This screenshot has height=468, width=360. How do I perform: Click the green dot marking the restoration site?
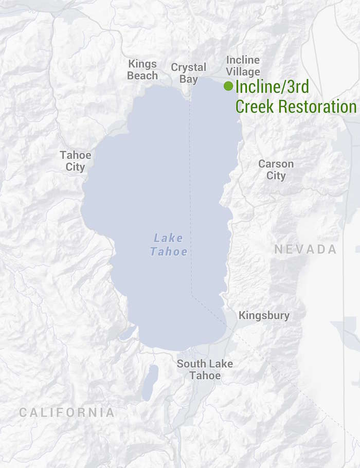pos(228,86)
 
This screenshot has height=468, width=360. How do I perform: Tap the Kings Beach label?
pos(142,70)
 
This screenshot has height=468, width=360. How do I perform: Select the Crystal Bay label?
pos(189,73)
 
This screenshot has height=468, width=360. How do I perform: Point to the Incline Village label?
pos(243,66)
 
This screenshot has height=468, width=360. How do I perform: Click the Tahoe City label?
pos(75,160)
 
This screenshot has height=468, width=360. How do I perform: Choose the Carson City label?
pos(276,170)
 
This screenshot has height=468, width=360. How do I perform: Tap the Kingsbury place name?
pos(264,315)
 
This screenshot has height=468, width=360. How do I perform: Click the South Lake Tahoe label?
pos(205,369)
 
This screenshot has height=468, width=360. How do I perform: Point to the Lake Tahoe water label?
pos(168,245)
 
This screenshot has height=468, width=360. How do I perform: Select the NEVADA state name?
pos(305,249)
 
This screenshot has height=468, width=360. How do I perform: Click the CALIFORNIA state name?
pos(67,412)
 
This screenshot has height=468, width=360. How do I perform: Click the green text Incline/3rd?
pos(272,86)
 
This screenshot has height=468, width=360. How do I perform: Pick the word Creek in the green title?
pos(255,106)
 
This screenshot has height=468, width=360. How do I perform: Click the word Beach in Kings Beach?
pos(142,76)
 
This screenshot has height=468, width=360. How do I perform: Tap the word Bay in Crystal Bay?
pos(189,79)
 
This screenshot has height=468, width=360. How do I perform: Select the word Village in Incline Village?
pos(243,71)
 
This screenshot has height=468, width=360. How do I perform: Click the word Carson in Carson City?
pos(276,164)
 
